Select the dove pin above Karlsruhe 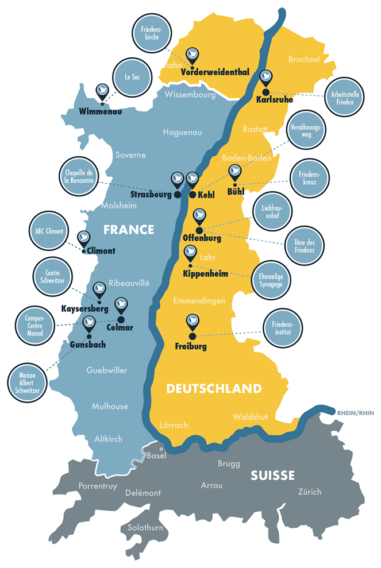[265, 78]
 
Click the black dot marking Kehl [192, 195]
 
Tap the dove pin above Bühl [234, 171]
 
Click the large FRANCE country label [129, 230]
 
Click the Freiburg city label [190, 346]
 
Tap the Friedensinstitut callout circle [282, 330]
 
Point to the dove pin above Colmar [121, 305]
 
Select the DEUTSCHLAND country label [214, 389]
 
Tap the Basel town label [156, 456]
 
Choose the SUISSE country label [272, 476]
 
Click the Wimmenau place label [101, 111]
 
